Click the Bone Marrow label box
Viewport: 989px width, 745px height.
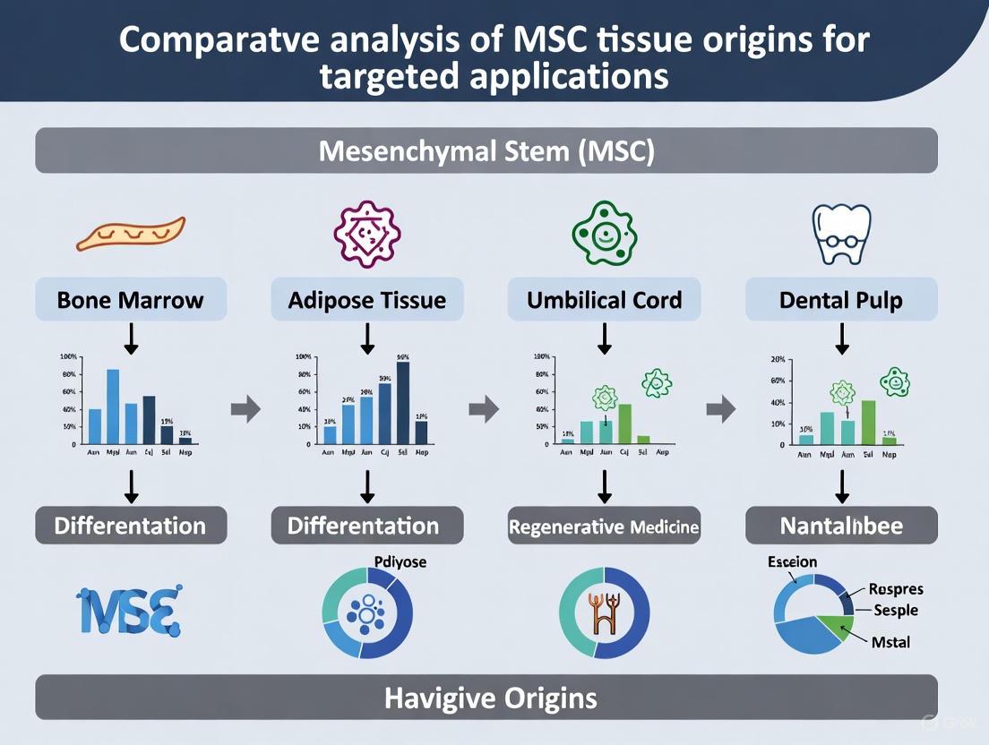pyautogui.click(x=131, y=299)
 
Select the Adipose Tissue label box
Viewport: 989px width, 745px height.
pyautogui.click(x=367, y=299)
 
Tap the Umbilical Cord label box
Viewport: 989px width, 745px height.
pyautogui.click(x=604, y=299)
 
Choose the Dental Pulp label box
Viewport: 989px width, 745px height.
pyautogui.click(x=841, y=299)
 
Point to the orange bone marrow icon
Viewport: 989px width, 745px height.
pyautogui.click(x=131, y=235)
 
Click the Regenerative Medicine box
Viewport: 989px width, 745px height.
pyautogui.click(x=604, y=527)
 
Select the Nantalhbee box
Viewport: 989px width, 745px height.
pyautogui.click(x=841, y=526)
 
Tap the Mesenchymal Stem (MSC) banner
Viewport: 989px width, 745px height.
pyautogui.click(x=486, y=150)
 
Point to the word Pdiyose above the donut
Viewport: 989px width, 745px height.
pyautogui.click(x=398, y=562)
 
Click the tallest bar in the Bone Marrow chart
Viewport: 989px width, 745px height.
pyautogui.click(x=113, y=406)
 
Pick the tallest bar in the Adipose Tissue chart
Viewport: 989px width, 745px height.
pyautogui.click(x=403, y=402)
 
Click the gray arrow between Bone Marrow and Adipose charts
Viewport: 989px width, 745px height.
pyautogui.click(x=245, y=410)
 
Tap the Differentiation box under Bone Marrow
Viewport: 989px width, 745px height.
pyautogui.click(x=131, y=526)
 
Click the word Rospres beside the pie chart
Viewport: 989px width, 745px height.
pyautogui.click(x=896, y=589)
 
